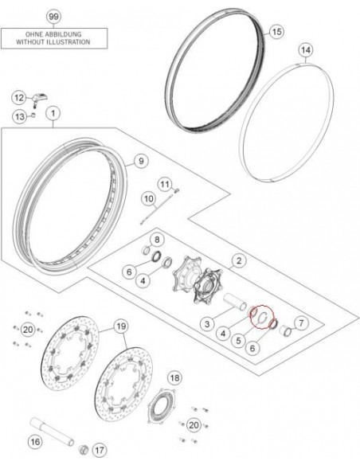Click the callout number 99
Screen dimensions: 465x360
click(x=53, y=17)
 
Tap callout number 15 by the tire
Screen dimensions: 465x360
click(x=276, y=32)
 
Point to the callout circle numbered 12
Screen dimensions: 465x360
click(x=18, y=97)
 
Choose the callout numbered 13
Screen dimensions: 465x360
click(x=18, y=118)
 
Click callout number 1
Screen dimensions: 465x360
click(x=53, y=115)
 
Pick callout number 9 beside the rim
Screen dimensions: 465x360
click(x=140, y=162)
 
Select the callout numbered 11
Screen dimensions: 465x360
click(x=165, y=185)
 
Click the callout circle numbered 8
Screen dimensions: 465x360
click(x=156, y=240)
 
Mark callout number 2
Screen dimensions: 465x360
click(x=237, y=260)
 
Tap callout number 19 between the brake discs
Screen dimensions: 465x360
click(x=120, y=326)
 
